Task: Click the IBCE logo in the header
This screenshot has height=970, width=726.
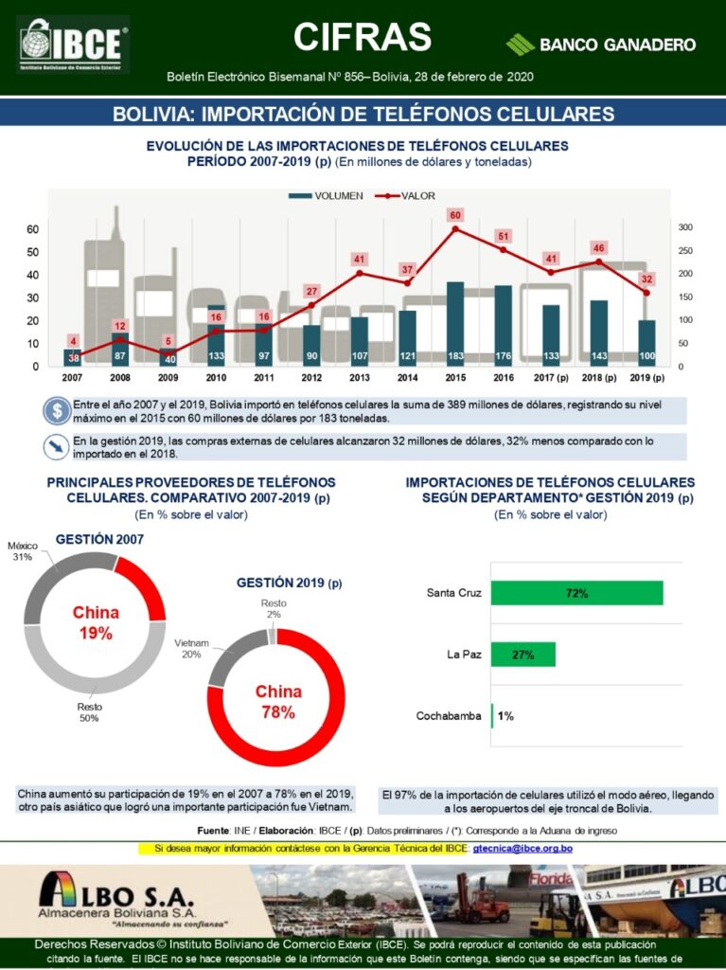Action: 73,45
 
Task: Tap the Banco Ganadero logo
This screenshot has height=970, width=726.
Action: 602,45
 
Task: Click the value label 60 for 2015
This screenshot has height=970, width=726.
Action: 455,215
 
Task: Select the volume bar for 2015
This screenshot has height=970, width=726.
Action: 455,323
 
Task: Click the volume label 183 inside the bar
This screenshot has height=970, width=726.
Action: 455,356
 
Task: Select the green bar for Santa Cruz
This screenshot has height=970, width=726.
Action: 577,593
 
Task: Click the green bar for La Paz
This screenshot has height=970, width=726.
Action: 523,655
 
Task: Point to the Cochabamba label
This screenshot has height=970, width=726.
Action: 449,716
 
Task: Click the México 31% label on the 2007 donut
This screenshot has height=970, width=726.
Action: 22,552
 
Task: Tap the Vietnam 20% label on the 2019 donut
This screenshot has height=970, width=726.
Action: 191,648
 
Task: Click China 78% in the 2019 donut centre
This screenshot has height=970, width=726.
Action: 278,702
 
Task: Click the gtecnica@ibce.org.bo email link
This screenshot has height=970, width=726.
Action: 522,848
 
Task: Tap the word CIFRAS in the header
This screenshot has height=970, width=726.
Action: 363,37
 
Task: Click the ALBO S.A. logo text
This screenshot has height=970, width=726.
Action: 115,895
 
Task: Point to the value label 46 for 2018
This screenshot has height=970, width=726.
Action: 598,247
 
